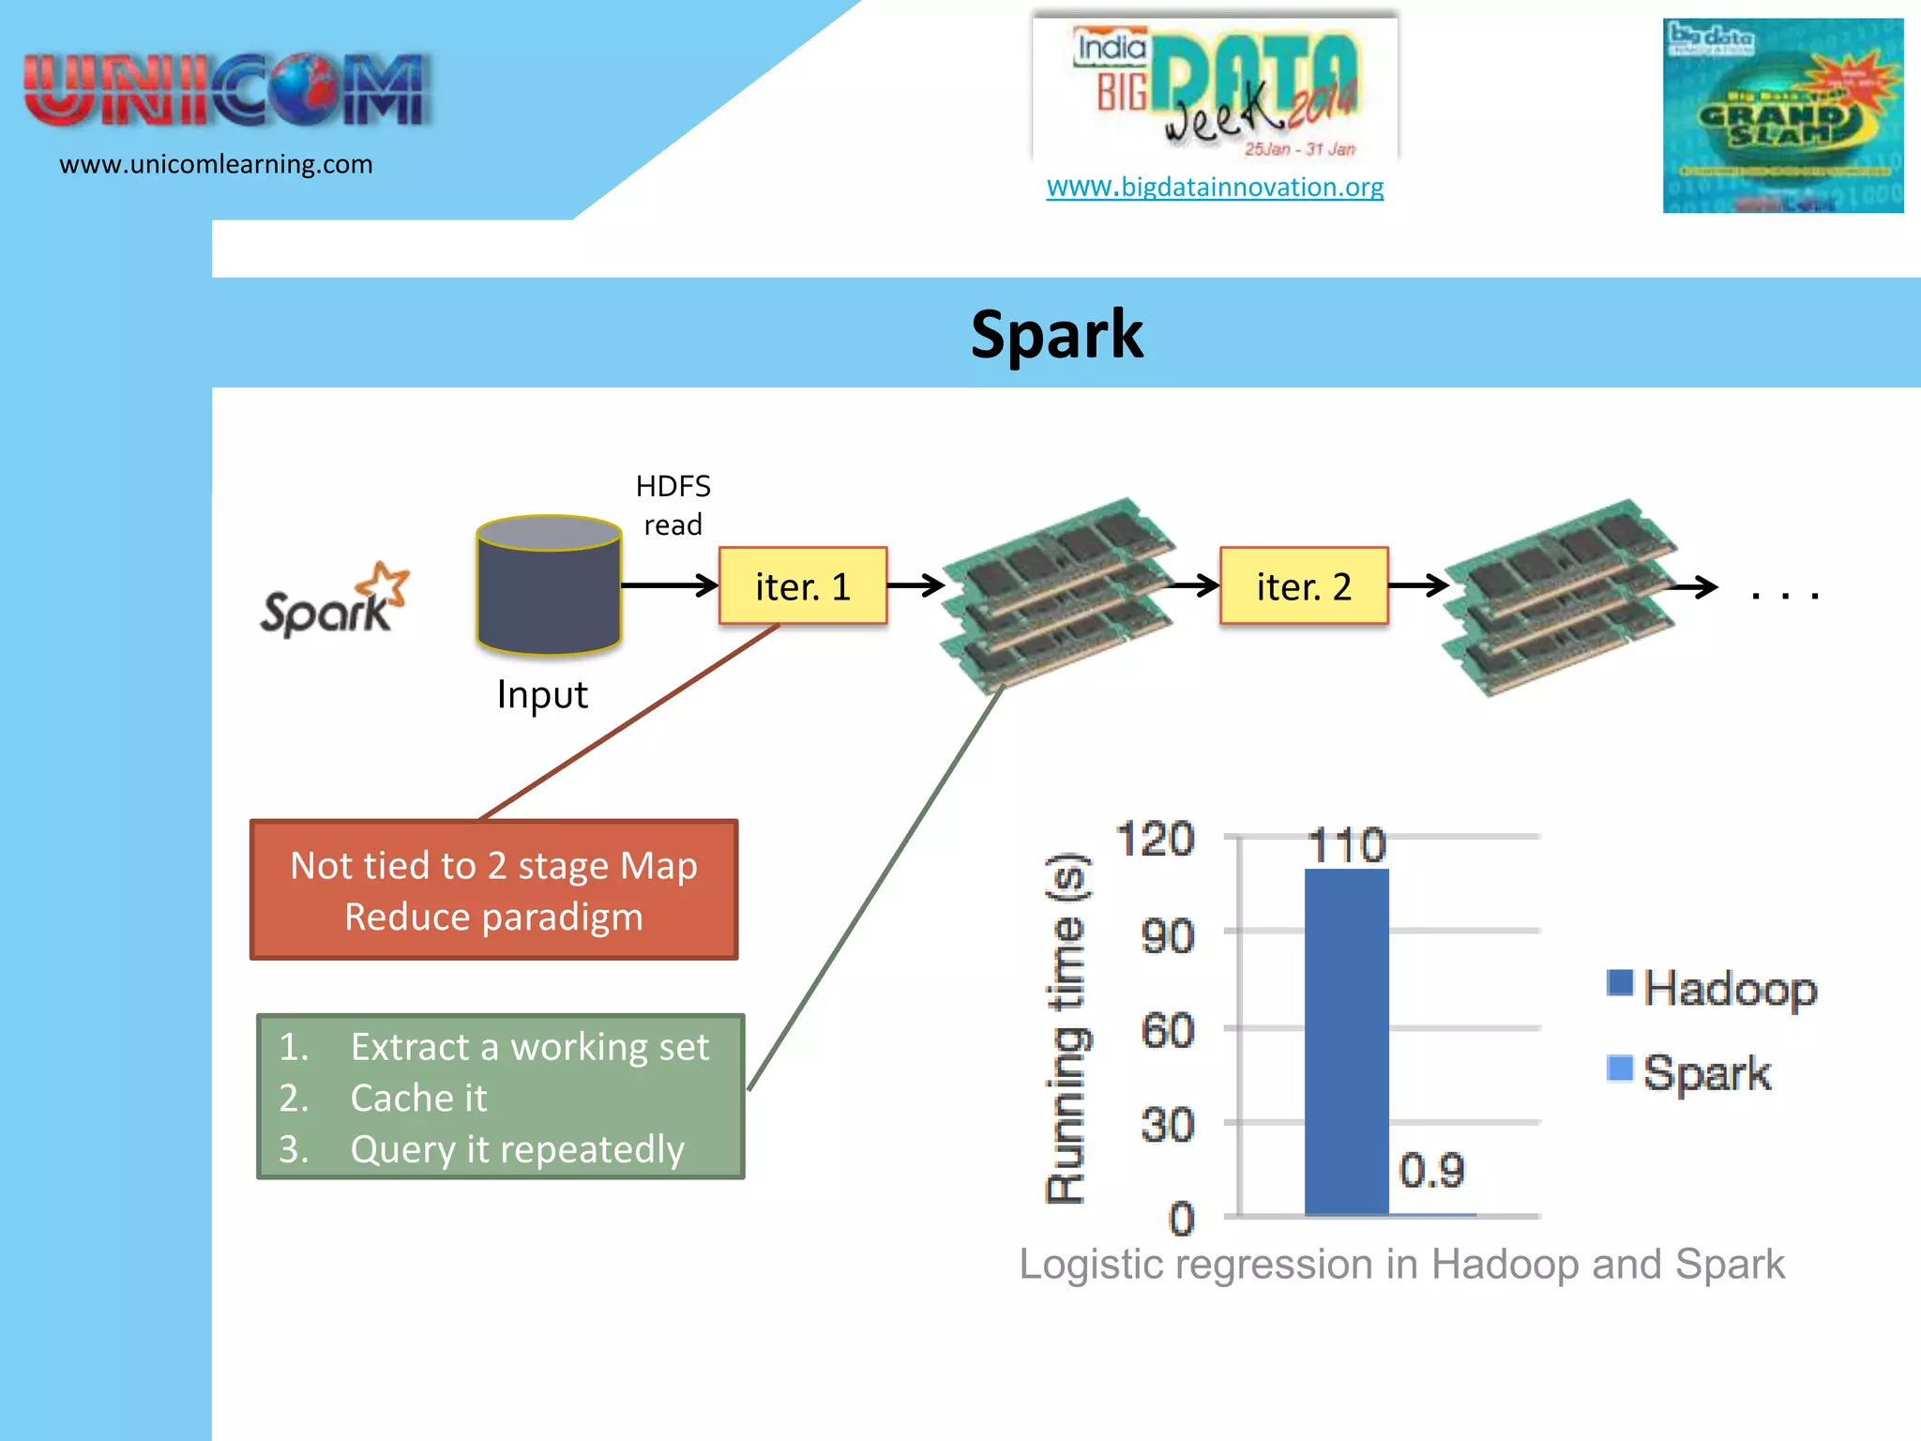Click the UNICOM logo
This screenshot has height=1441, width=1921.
point(225,90)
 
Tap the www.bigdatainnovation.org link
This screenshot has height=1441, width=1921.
point(1215,187)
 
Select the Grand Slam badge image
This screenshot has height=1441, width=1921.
point(1782,115)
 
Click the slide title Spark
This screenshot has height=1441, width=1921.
point(1056,335)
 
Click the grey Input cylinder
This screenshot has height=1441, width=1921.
point(549,585)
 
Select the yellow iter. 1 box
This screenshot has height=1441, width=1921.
point(803,586)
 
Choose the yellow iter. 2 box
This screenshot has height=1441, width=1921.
point(1304,586)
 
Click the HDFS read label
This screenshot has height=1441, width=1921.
point(673,505)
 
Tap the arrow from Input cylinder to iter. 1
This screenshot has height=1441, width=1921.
point(668,586)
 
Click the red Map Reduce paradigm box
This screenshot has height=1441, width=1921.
point(494,890)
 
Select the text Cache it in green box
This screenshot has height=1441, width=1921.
point(418,1098)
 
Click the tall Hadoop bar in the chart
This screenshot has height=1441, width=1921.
point(1346,1041)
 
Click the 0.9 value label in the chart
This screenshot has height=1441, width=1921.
point(1431,1170)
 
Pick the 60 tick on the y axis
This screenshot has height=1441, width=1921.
point(1167,1030)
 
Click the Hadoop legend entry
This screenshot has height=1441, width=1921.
point(1713,988)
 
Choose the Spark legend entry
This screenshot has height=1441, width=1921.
point(1690,1071)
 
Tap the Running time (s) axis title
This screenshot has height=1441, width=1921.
point(1066,1027)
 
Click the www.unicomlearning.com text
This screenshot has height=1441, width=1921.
point(216,164)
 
